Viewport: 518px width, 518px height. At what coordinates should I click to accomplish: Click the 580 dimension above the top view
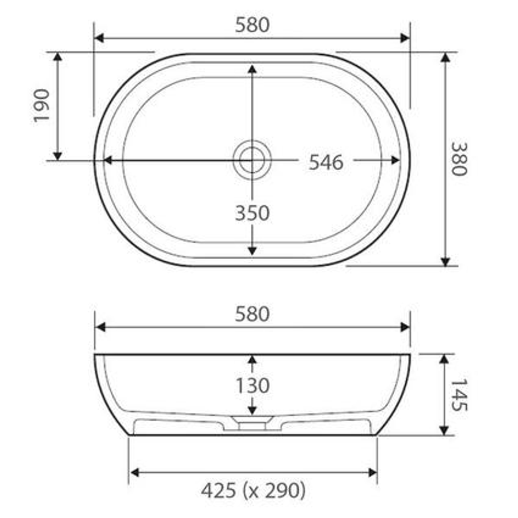(252, 25)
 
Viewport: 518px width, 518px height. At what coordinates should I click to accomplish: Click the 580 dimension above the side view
(252, 314)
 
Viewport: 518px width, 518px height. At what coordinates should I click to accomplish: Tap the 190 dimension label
(42, 106)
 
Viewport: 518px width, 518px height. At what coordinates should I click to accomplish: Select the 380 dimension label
(459, 159)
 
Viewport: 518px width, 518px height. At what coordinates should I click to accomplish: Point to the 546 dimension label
(326, 163)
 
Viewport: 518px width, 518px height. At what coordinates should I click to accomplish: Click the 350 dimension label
(252, 213)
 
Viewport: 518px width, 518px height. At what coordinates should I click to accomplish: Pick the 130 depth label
(252, 386)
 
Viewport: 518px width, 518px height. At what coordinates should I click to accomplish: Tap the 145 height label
(459, 395)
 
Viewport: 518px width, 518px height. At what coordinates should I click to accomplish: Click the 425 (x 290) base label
(253, 491)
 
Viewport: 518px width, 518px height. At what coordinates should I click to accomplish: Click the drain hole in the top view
(252, 160)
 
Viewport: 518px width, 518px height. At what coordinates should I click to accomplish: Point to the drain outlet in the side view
(252, 424)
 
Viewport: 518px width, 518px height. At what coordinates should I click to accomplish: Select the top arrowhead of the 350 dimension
(252, 69)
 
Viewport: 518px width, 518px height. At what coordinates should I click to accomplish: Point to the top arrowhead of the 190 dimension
(58, 57)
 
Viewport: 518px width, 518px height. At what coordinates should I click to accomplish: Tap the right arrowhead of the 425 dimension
(372, 472)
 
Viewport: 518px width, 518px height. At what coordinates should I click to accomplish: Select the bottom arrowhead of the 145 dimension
(445, 431)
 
